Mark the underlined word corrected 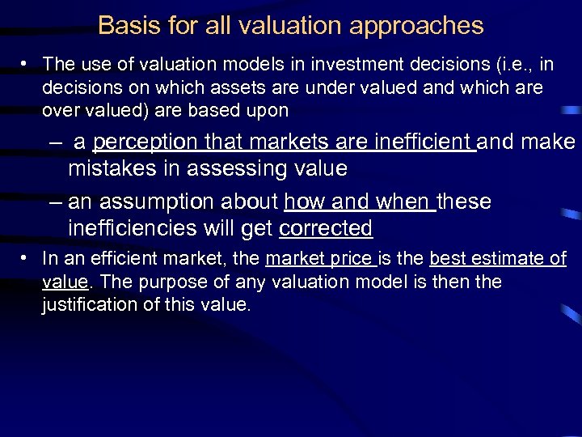coord(325,228)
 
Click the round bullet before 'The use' coord(27,63)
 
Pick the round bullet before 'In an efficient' coord(27,259)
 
